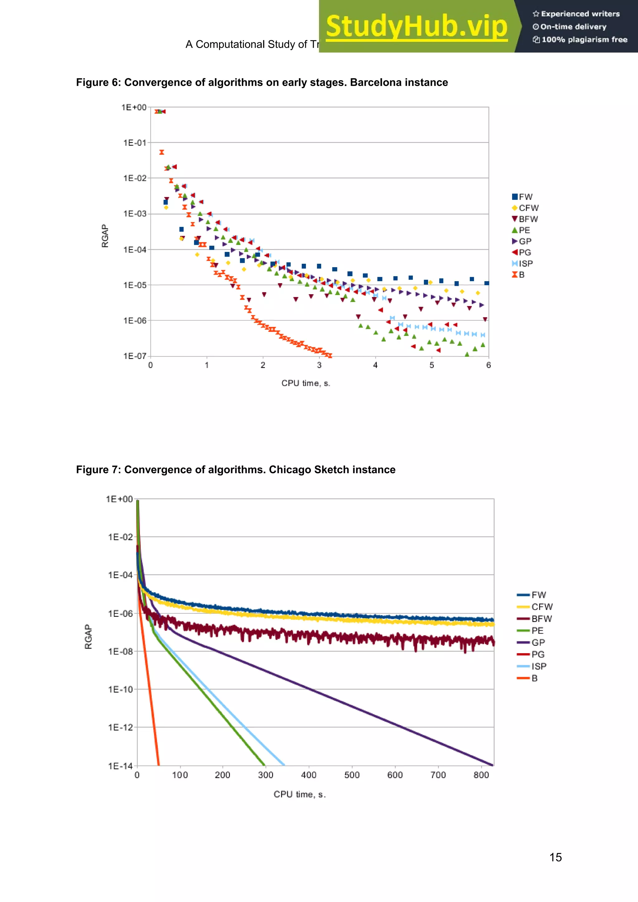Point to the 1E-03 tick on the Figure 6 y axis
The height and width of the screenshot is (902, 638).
coord(135,214)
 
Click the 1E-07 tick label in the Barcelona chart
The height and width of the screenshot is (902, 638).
coord(135,356)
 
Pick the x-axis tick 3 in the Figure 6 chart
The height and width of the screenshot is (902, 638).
coord(319,365)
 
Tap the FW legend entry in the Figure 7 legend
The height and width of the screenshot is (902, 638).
coord(538,595)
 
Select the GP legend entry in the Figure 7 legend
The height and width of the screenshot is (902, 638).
coord(538,642)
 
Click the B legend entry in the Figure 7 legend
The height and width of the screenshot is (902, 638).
coord(534,678)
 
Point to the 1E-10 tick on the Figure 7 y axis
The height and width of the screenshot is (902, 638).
coord(120,689)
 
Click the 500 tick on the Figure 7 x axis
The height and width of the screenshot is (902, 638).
coord(352,775)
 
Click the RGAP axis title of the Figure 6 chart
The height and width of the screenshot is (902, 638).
coord(105,236)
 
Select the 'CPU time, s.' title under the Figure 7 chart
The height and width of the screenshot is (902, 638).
coord(300,794)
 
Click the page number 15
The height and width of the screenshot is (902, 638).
coord(555,857)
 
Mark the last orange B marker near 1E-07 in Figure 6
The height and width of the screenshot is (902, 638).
coord(329,356)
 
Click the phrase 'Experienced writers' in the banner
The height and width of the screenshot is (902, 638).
coord(580,14)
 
